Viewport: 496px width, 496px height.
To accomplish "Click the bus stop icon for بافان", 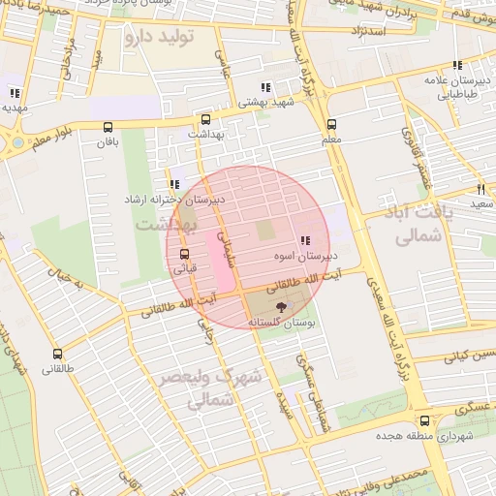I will coord(107,126).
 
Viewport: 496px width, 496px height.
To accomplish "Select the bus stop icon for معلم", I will coord(331,124).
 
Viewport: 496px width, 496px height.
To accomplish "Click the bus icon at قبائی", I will coord(184,255).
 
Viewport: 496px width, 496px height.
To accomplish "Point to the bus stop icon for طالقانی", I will coord(57,354).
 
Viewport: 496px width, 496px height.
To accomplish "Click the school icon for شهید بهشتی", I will coord(265,87).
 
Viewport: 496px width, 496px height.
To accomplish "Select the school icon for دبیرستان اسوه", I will coord(305,240).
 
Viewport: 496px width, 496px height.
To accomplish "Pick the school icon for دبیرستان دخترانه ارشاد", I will coord(174,183).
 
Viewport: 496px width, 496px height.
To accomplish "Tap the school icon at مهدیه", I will coord(15,93).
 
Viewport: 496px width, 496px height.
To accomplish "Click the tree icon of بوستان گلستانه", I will coord(280,306).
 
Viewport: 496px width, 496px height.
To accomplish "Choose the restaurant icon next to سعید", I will coord(480,189).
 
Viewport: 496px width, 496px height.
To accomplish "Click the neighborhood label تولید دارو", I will coord(159,37).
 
